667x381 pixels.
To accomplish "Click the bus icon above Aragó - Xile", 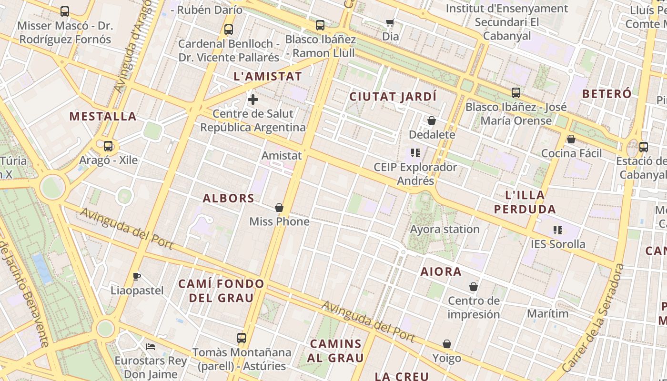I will tap(108, 146).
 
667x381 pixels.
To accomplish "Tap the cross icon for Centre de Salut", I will tap(253, 100).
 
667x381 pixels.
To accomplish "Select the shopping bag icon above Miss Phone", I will tap(279, 208).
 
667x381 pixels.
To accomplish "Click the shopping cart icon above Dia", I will tap(390, 22).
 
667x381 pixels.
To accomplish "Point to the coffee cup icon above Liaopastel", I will tap(137, 276).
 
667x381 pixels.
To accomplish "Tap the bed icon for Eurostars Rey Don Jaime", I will tap(151, 346).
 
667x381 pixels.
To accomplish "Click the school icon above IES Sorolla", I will tap(558, 231).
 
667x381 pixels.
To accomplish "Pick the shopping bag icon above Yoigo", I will tap(447, 344).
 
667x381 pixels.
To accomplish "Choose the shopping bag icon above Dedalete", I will tap(432, 120).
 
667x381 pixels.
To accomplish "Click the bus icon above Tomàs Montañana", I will tap(242, 338).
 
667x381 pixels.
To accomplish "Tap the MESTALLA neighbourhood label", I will tap(103, 116).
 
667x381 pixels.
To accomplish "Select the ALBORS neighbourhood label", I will tap(229, 198).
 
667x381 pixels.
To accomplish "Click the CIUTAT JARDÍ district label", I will tap(393, 97).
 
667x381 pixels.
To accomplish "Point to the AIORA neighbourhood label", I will tap(441, 272).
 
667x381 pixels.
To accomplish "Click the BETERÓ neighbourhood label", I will tap(607, 93).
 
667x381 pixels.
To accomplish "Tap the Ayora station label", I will tap(445, 229).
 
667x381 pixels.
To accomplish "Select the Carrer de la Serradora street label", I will tap(593, 318).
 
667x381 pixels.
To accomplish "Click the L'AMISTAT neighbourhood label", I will tap(268, 76).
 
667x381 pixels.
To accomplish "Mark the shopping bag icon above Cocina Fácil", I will tap(571, 139).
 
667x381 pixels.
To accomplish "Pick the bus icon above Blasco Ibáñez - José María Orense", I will tap(516, 93).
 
